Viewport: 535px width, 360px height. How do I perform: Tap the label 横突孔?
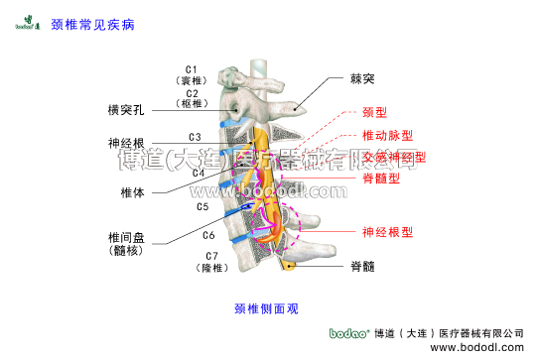[x=127, y=108]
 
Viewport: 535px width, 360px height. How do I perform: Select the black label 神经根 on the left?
[x=127, y=143]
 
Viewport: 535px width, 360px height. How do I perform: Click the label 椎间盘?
[x=127, y=238]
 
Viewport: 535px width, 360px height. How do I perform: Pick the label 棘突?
[x=362, y=76]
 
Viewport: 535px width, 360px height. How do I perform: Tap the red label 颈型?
[x=373, y=112]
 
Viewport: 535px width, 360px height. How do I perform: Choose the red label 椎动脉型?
[x=388, y=135]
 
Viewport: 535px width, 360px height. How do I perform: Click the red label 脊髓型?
[x=381, y=179]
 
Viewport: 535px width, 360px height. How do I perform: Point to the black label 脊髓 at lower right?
[x=361, y=266]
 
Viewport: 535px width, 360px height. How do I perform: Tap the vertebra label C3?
[x=196, y=136]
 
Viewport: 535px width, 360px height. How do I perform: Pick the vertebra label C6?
[x=208, y=235]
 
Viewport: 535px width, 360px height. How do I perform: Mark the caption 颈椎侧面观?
[x=266, y=308]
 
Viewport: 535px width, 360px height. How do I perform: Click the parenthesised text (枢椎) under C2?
[x=192, y=103]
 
